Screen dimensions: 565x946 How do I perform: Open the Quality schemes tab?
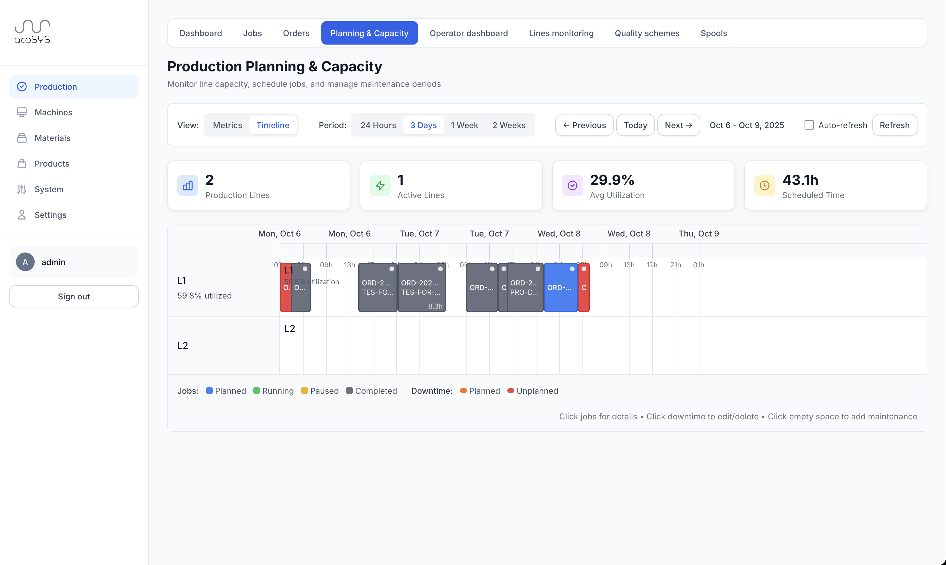point(647,33)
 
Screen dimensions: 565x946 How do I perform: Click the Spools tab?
point(713,33)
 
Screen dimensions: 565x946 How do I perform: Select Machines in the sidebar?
point(53,112)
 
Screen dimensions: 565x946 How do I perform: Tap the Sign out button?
point(74,296)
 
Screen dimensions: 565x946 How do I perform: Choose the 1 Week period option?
point(464,125)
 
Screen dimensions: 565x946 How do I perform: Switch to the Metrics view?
point(227,125)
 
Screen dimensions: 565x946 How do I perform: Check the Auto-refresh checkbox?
point(809,125)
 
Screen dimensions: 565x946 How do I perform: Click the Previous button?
point(584,125)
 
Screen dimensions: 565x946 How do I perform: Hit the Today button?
point(635,125)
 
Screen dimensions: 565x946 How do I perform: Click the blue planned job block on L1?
point(560,288)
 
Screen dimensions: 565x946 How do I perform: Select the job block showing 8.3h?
point(422,288)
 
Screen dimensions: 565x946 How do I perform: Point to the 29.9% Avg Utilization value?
point(612,180)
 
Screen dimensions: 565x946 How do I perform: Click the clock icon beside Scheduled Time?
point(764,186)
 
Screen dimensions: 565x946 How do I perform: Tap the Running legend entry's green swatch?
point(257,391)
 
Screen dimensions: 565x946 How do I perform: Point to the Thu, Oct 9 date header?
point(699,234)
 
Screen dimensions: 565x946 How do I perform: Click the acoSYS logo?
point(32,32)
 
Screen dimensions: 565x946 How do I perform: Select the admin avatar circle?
point(25,262)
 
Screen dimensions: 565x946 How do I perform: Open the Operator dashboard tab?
point(468,33)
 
